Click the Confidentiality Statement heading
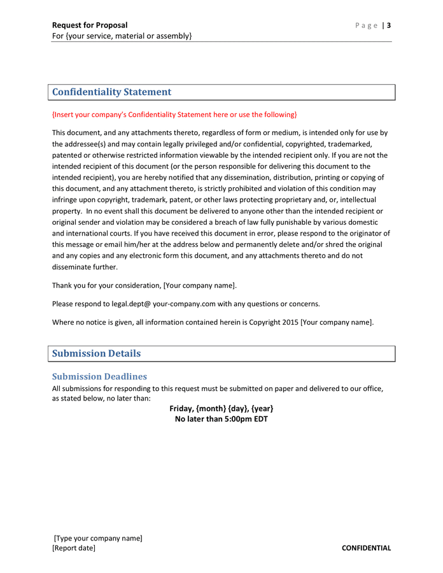111,92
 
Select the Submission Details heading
96,353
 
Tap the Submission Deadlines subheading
99,376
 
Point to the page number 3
388,25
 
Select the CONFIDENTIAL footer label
366,548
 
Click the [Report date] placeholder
74,548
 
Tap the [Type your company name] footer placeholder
98,538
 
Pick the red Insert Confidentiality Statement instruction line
174,115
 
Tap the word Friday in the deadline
181,408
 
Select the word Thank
63,285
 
